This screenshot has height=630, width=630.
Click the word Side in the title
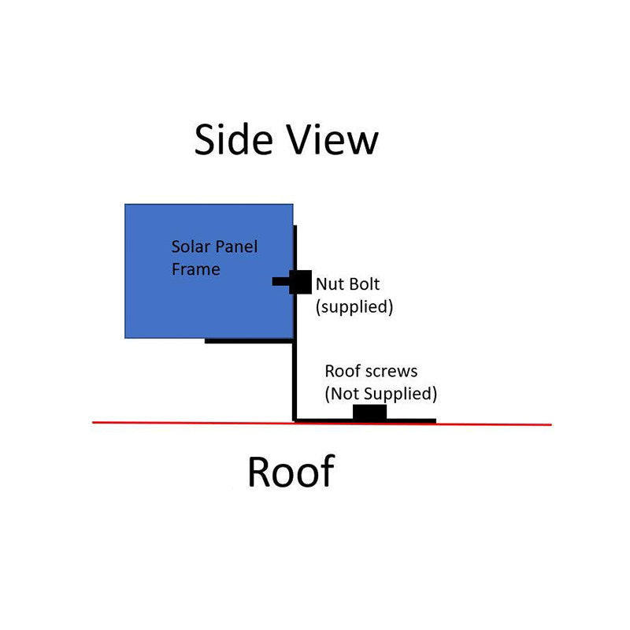[x=233, y=139]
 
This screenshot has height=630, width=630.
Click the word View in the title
[x=333, y=139]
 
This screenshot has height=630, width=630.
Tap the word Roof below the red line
[x=291, y=472]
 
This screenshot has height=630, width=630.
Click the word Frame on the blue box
[x=195, y=269]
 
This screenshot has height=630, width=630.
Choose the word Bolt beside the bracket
[x=364, y=284]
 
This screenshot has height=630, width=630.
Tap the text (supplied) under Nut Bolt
[x=354, y=307]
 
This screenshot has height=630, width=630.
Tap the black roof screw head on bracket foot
[x=369, y=412]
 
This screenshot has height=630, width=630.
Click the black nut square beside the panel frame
[x=300, y=282]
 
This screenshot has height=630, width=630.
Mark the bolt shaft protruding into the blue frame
[x=280, y=282]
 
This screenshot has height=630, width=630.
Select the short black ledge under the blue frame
[x=249, y=341]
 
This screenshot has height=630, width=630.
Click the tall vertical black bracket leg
[x=295, y=324]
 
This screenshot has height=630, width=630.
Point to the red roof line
[x=322, y=424]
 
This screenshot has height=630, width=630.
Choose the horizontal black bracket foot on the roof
[x=365, y=421]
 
